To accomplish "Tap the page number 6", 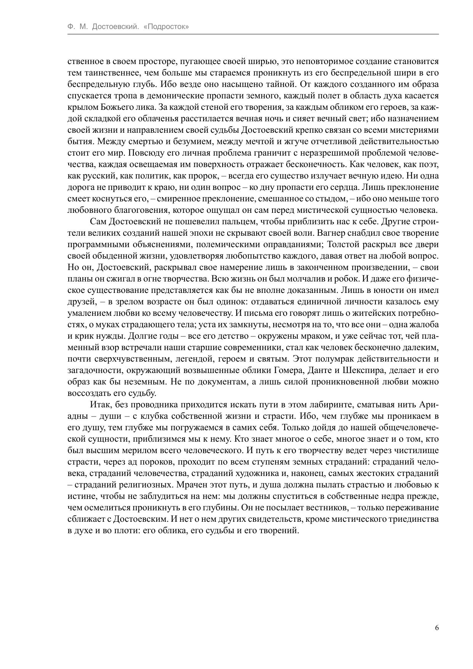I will pos(436,628).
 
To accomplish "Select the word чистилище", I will pos(418,450).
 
